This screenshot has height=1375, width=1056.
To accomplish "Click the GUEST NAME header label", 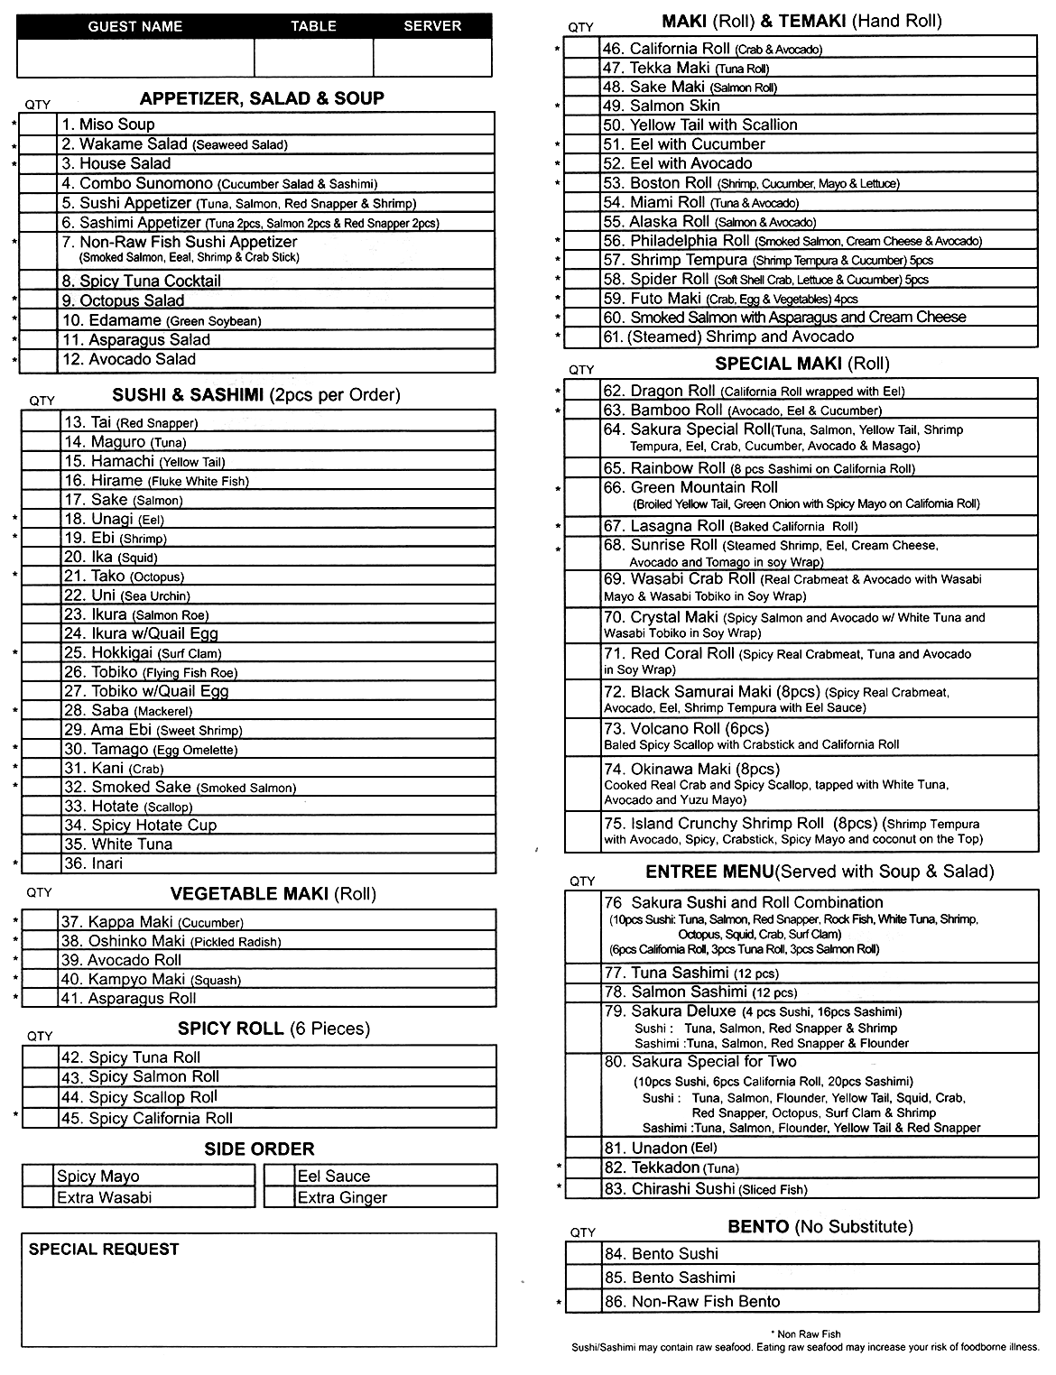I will [135, 26].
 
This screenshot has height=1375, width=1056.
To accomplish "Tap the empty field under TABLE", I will [313, 58].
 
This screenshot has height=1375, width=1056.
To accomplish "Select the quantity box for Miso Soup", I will [39, 125].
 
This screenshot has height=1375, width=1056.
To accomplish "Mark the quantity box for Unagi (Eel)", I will [42, 519].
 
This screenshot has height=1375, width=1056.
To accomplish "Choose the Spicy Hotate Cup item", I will [141, 825].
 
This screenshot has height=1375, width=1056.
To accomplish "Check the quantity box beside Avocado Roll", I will [41, 960].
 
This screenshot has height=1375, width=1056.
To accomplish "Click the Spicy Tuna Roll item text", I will [131, 1057].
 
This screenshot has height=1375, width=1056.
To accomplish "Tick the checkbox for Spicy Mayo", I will [38, 1176].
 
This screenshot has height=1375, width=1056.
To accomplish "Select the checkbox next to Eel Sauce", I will [280, 1176].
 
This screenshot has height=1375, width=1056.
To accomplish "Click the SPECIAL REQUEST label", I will [104, 1249].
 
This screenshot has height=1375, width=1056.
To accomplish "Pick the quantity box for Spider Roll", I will [582, 280].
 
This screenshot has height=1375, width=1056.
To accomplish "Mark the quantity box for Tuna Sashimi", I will [583, 973].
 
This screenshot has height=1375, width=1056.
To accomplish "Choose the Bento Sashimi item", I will [670, 1278].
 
